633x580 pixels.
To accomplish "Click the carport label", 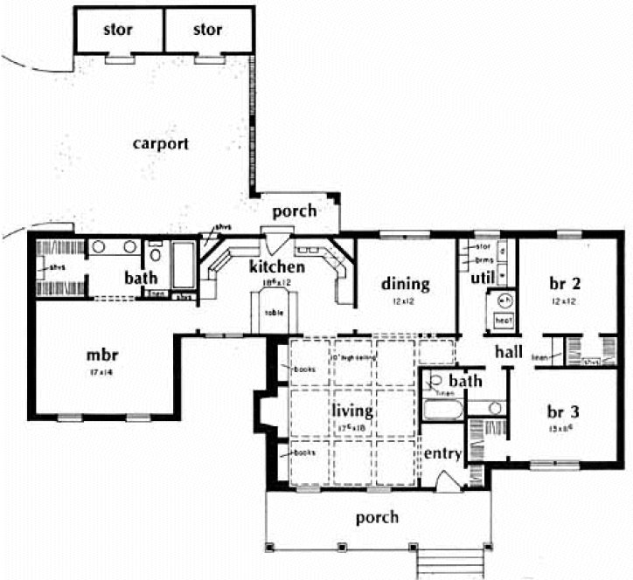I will click(x=161, y=142).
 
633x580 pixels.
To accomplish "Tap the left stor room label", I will click(x=117, y=30).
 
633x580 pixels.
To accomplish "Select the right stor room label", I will click(x=206, y=30).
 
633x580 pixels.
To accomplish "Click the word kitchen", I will click(x=276, y=266).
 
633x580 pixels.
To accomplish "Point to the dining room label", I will click(x=406, y=283).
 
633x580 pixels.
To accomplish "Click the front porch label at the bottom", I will click(x=377, y=517).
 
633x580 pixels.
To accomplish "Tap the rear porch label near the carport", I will click(x=294, y=211).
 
